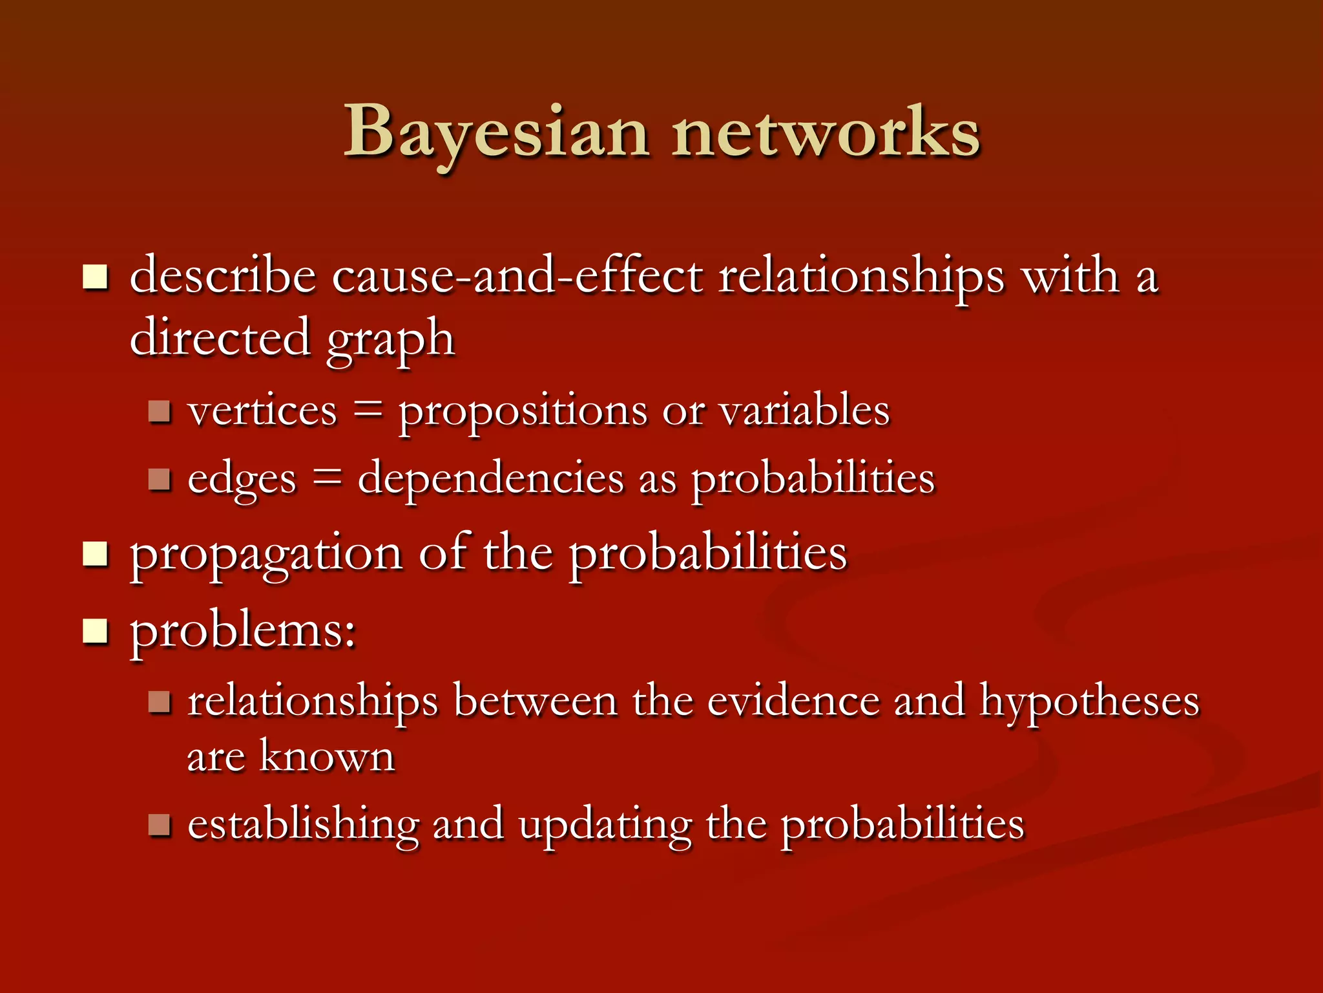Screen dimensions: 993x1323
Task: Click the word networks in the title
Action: coord(826,133)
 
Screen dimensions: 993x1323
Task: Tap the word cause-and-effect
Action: coord(517,276)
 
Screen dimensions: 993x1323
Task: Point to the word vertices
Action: coord(262,411)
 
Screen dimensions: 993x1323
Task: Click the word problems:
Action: coord(243,630)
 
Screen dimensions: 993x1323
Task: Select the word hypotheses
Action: coord(1089,701)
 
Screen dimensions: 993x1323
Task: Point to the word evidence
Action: coord(793,701)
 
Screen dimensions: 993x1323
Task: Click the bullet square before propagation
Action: coord(95,554)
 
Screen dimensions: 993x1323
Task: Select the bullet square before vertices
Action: coord(159,411)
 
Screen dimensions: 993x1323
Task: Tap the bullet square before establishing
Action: coord(159,824)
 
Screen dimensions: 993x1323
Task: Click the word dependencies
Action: coord(491,478)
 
